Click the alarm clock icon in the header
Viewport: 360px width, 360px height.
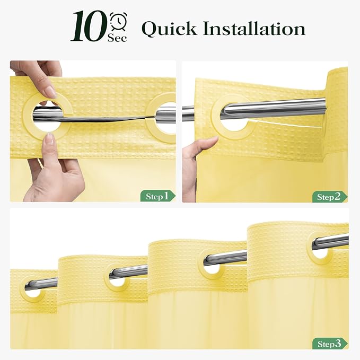coord(118,21)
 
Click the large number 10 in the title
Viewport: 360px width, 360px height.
coord(89,26)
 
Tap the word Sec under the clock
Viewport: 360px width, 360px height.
coord(117,38)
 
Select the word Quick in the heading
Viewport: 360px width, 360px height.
coord(169,29)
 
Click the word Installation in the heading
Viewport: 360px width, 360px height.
coord(254,29)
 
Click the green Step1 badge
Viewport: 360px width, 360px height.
coord(158,196)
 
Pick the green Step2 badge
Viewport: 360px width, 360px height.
coord(330,197)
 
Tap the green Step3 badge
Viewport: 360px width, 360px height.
coord(330,344)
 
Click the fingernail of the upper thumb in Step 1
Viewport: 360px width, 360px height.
coord(50,92)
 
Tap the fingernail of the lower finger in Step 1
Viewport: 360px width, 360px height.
coord(49,139)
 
